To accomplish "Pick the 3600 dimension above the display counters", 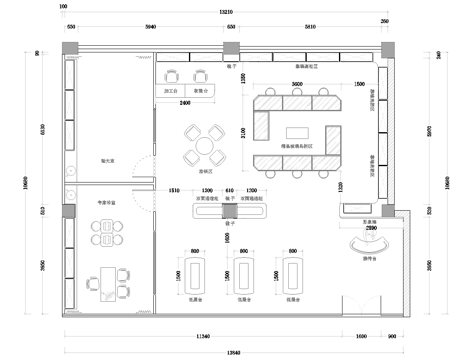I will click(x=297, y=85).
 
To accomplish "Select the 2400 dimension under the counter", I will click(x=186, y=103).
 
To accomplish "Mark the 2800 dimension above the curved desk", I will click(x=370, y=229).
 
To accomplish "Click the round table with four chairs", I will click(x=205, y=144).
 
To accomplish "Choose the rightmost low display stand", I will click(x=293, y=273).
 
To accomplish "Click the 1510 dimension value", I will click(x=174, y=190).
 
